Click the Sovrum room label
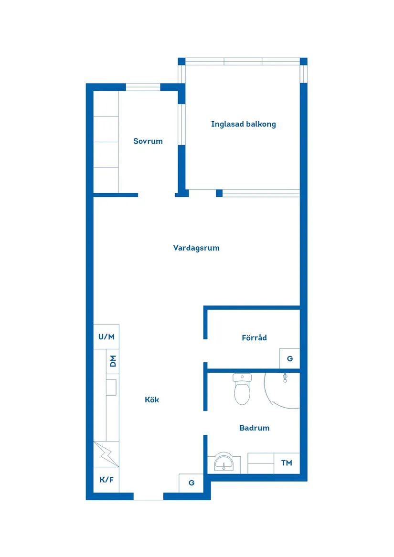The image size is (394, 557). [148, 141]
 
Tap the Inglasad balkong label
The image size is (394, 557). [244, 124]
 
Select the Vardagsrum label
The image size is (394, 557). [196, 248]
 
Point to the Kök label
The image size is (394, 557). [152, 400]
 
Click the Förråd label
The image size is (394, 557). [254, 338]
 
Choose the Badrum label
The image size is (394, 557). [254, 428]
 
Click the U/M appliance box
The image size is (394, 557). [106, 336]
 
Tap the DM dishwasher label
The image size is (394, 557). [113, 361]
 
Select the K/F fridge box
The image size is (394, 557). [106, 480]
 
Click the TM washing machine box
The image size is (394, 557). [287, 463]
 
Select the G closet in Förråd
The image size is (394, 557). [289, 358]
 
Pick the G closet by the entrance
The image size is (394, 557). [191, 483]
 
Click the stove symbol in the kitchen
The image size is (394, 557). [106, 454]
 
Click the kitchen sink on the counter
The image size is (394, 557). [111, 387]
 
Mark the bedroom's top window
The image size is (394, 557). [143, 87]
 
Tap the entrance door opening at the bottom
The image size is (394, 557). [148, 496]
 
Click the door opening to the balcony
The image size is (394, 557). [202, 193]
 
